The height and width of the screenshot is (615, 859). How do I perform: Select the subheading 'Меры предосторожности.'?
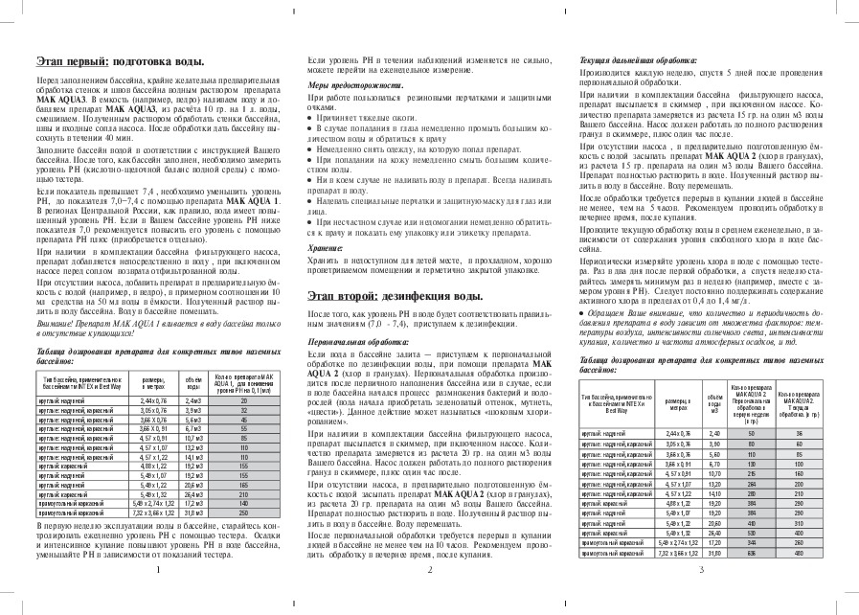click(346, 85)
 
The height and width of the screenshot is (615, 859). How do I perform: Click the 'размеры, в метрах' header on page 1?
click(153, 381)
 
